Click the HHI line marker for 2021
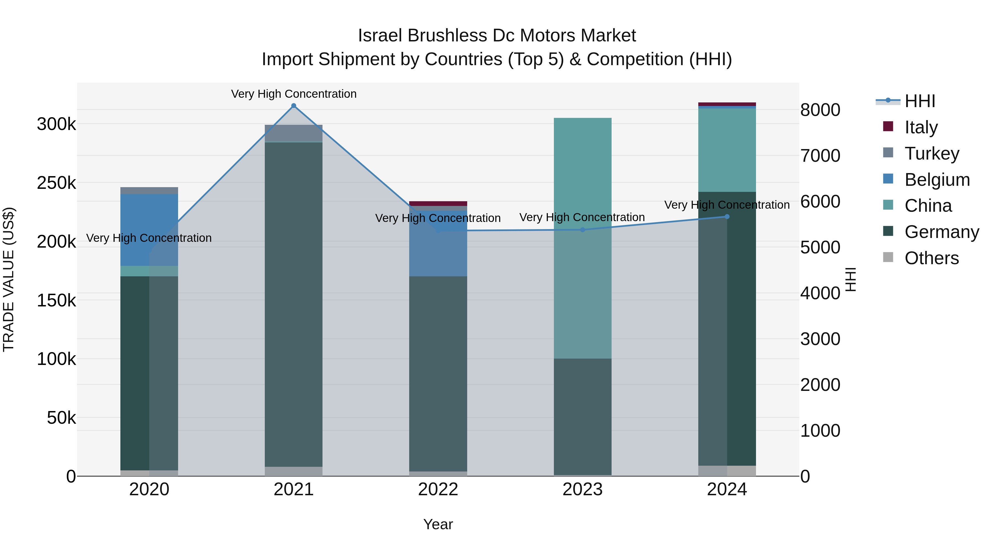(294, 106)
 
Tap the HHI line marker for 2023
(583, 230)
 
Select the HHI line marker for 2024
(727, 217)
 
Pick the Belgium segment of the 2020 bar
(149, 230)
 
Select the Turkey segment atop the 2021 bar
(294, 133)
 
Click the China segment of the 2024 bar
(727, 150)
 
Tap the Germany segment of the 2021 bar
(294, 304)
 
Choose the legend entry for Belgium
(937, 180)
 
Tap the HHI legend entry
(919, 101)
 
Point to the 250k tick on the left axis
(56, 183)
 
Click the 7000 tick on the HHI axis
(820, 156)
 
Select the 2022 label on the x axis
(438, 489)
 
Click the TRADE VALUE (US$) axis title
(9, 279)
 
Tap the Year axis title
(438, 524)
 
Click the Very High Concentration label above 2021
(294, 94)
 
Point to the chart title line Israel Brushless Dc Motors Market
(497, 36)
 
